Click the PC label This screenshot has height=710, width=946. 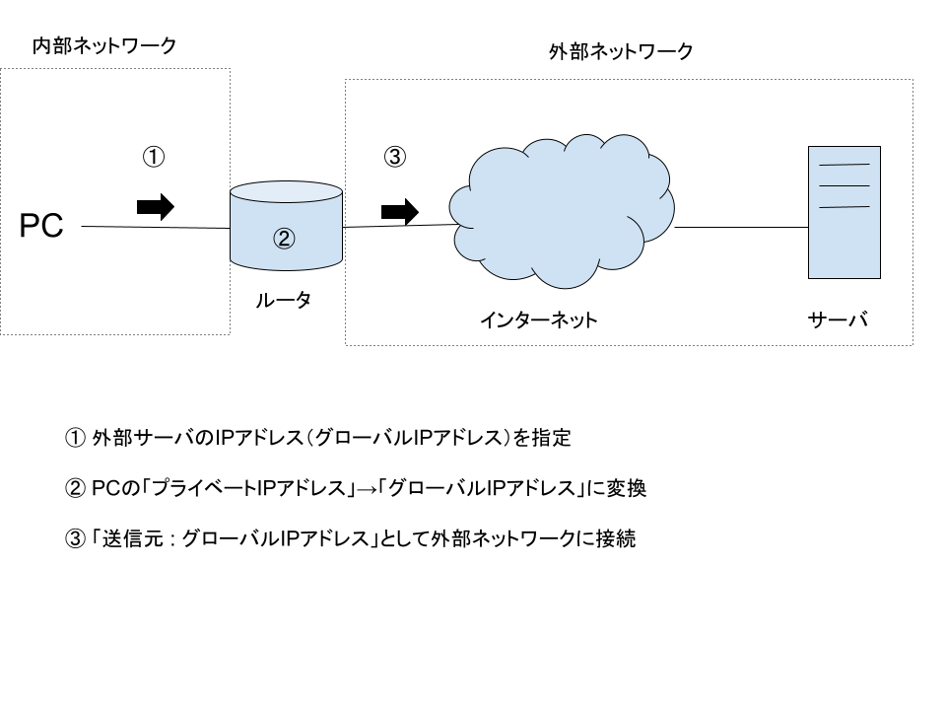(41, 226)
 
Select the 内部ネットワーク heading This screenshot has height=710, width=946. (104, 46)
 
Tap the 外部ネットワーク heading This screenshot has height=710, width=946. (621, 52)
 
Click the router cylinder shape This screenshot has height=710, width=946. (287, 225)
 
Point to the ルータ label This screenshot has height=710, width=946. (283, 300)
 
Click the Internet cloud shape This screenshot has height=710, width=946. (562, 211)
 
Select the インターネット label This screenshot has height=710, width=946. (539, 319)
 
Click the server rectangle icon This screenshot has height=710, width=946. (845, 213)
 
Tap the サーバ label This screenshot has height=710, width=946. (838, 319)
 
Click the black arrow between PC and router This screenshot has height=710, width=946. (156, 207)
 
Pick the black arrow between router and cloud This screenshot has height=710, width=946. (400, 212)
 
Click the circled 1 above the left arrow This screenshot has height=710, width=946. (154, 157)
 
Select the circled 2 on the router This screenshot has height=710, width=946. (284, 239)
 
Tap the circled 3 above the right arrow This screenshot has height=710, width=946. (395, 157)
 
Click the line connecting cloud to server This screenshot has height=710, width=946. (741, 228)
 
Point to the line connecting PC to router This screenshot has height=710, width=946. (156, 228)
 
